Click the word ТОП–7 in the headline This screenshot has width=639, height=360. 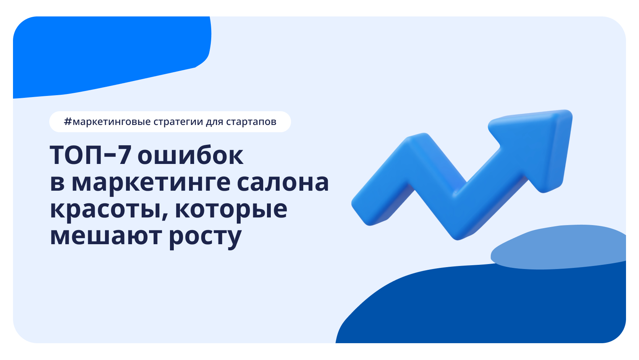pos(91,156)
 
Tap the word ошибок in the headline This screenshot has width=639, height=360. pos(190,156)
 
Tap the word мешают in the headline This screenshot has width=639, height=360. pos(106,236)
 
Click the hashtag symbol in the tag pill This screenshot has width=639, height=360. pos(68,122)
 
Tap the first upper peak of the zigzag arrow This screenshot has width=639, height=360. pos(418,143)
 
